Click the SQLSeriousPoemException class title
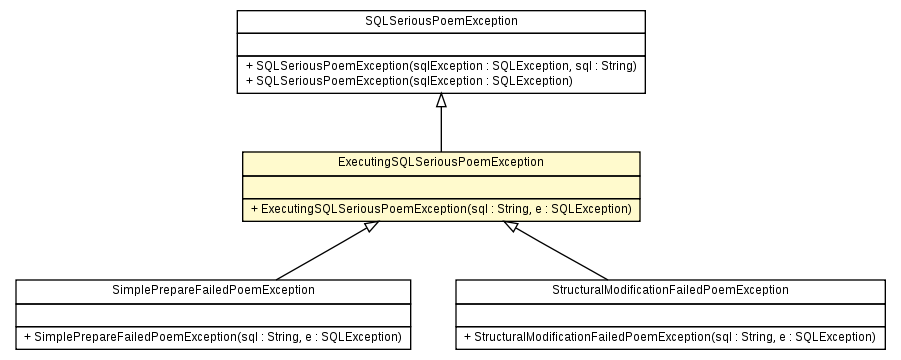[441, 21]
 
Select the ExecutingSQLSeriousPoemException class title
[441, 161]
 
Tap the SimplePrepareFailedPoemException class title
[213, 289]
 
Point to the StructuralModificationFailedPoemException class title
[670, 289]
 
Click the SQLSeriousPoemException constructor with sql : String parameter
[441, 65]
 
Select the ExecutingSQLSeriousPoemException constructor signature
[441, 209]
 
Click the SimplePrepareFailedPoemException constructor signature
[213, 337]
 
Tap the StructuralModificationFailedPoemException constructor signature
[670, 337]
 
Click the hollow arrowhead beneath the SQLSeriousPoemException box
[441, 100]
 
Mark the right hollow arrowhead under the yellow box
[510, 227]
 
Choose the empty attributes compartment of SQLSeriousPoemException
[441, 43]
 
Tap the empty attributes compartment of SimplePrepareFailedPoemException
[213, 313]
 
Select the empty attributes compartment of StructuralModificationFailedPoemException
[670, 313]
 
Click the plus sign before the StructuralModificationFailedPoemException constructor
[467, 338]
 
